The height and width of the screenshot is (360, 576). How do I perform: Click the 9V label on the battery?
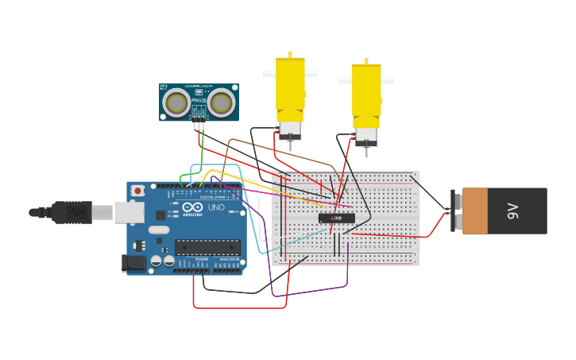click(x=512, y=211)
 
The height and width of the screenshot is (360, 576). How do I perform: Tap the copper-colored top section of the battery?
click(x=474, y=211)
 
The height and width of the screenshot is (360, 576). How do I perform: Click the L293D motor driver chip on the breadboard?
click(x=337, y=218)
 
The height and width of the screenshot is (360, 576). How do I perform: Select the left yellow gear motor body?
click(x=290, y=87)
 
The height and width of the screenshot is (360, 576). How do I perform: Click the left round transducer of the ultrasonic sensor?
click(x=176, y=102)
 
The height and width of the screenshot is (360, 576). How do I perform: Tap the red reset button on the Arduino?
click(x=138, y=191)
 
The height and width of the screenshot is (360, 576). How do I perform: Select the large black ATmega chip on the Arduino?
click(x=207, y=247)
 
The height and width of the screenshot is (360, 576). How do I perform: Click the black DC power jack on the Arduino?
click(x=133, y=263)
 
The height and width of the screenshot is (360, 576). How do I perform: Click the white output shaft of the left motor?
click(x=310, y=74)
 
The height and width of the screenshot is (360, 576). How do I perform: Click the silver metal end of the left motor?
click(x=290, y=130)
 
